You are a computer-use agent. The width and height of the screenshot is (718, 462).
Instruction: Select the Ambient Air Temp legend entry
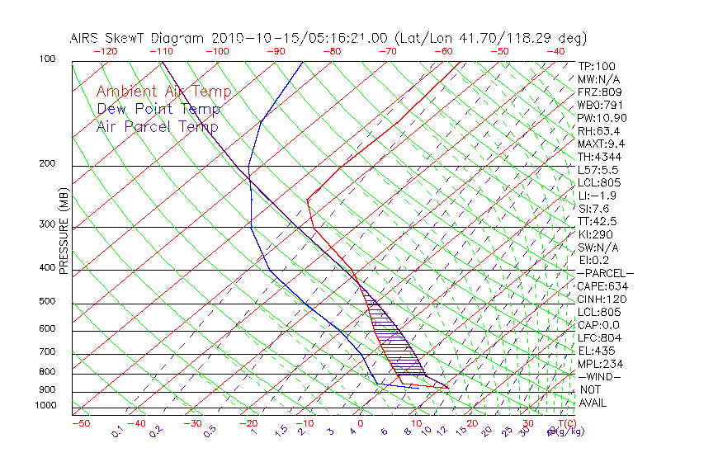coord(163,92)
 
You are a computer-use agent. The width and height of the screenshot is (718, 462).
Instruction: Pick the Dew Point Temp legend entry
coord(158,109)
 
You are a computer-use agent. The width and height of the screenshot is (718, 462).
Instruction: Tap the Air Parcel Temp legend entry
coord(157,126)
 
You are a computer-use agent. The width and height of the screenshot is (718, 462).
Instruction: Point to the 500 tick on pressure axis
coord(46,301)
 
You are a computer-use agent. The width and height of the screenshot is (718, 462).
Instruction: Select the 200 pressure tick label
coord(46,163)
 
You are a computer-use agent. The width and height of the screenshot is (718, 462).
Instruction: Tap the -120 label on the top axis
coord(105,51)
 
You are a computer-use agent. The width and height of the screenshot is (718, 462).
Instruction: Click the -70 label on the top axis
coord(387,51)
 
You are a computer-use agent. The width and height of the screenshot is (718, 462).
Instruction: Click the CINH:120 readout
coord(602,299)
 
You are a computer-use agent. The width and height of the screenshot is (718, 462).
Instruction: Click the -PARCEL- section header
coord(605,273)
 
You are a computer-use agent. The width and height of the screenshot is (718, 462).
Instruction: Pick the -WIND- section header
coord(599,376)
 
